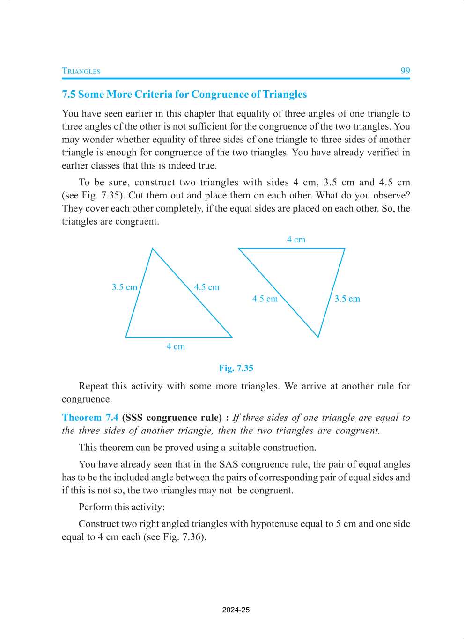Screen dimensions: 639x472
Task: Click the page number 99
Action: [x=405, y=71]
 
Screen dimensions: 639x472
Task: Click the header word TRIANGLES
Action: [x=81, y=71]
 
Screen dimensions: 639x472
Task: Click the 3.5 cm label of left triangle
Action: [x=125, y=287]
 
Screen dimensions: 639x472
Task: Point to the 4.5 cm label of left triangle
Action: [x=206, y=287]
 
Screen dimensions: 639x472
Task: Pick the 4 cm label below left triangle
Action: [x=176, y=347]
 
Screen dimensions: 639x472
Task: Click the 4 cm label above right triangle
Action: [x=296, y=240]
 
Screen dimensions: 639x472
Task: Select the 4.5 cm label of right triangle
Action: [x=265, y=299]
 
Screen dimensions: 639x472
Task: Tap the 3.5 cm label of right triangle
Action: [x=347, y=299]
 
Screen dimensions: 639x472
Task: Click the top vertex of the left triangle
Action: [x=153, y=249]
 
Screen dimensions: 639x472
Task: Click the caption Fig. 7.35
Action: [x=236, y=368]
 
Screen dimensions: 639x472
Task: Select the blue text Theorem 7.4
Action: [x=90, y=418]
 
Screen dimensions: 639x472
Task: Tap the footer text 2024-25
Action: [x=236, y=610]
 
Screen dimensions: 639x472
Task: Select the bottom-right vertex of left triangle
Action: [x=232, y=337]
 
